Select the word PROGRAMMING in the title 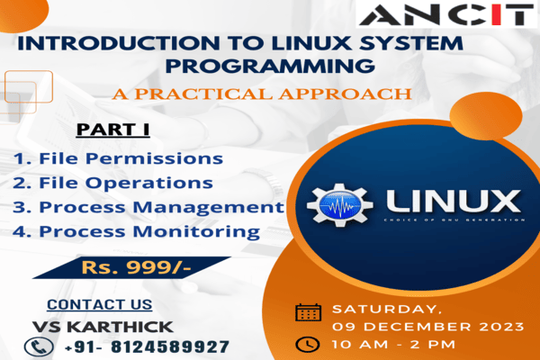tap(271, 65)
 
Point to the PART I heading tap(112, 130)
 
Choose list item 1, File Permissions tap(118, 158)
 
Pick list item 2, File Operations tap(113, 183)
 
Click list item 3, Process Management tap(148, 207)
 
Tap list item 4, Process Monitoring tap(137, 231)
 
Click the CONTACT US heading tap(100, 304)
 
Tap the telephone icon tap(36, 346)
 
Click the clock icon tap(308, 344)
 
